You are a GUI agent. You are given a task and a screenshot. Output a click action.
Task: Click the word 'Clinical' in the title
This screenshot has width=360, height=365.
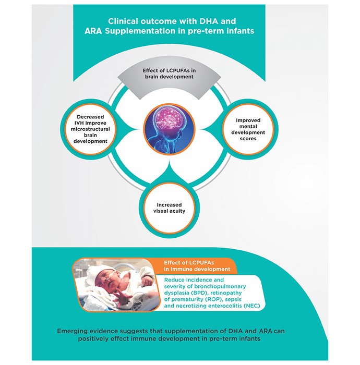pyautogui.click(x=123, y=21)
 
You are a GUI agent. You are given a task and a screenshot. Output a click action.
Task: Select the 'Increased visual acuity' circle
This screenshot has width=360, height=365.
pyautogui.click(x=169, y=208)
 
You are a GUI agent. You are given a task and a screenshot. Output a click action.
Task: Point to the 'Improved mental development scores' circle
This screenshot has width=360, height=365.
pyautogui.click(x=248, y=129)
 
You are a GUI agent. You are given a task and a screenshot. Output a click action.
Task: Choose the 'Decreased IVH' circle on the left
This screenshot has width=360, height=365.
pyautogui.click(x=90, y=129)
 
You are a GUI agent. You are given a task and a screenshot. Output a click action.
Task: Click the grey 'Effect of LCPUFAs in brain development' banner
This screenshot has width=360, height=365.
pyautogui.click(x=169, y=80)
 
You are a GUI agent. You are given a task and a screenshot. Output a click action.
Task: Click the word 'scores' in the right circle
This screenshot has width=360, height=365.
pyautogui.click(x=248, y=139)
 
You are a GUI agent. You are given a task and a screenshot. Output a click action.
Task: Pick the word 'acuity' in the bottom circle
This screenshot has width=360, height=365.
pyautogui.click(x=177, y=211)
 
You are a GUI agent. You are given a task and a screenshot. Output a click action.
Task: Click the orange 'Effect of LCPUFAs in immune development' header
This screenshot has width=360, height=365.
pyautogui.click(x=197, y=266)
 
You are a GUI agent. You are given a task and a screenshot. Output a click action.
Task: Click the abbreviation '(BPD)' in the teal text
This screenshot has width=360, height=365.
pyautogui.click(x=199, y=293)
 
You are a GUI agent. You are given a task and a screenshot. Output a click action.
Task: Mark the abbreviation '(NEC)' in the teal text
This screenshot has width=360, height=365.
pyautogui.click(x=251, y=306)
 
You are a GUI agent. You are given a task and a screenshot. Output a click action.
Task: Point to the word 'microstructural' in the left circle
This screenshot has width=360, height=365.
pyautogui.click(x=90, y=129)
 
